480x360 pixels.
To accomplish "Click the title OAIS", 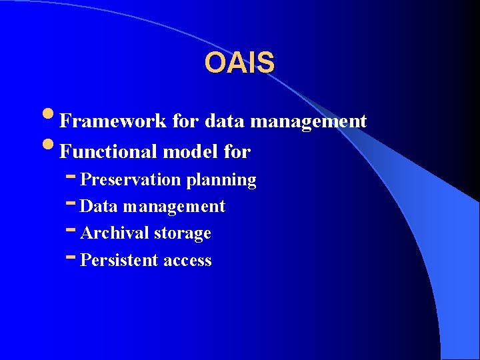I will (x=239, y=63).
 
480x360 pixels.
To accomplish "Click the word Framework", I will (x=113, y=121).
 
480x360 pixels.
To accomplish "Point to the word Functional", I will (x=109, y=152).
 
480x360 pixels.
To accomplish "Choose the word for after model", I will (x=237, y=152).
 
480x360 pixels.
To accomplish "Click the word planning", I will (x=221, y=180).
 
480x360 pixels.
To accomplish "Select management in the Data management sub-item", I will (x=174, y=207).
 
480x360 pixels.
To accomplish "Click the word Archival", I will (x=114, y=233).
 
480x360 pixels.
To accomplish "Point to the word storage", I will (x=183, y=233).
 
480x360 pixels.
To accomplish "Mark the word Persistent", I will (x=119, y=261).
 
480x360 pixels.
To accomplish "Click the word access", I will (x=187, y=261).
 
